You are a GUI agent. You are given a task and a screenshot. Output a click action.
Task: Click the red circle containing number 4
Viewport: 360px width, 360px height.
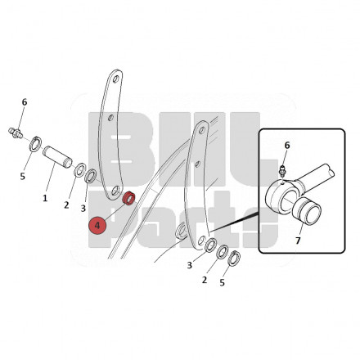point(97,226)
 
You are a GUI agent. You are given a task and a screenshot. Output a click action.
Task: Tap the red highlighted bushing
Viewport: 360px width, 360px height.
point(128,198)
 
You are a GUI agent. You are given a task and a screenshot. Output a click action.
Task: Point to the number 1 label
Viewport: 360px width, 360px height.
point(45,198)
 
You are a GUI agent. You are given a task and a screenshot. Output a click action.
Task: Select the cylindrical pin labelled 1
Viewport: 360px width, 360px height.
point(57,157)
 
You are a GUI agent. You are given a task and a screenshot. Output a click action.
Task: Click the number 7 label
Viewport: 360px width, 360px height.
point(298,241)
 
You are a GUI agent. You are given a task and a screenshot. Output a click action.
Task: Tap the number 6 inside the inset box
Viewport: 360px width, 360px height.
point(287,146)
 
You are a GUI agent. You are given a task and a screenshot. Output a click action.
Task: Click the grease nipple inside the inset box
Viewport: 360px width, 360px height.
point(281,171)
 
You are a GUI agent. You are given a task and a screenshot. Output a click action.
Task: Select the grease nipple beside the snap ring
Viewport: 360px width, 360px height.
point(16,133)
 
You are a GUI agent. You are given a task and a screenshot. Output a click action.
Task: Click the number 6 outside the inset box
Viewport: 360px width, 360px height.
point(25,102)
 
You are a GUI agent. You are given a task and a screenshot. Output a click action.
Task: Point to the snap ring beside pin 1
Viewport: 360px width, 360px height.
point(35,144)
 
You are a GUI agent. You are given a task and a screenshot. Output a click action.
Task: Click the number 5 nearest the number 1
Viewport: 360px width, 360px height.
point(23,177)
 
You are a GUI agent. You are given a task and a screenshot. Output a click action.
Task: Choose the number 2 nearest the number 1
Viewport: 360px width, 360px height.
point(66,205)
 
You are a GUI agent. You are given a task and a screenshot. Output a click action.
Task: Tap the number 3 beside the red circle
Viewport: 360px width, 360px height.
point(83,209)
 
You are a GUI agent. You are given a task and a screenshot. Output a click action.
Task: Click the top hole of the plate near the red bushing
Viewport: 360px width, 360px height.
point(115,79)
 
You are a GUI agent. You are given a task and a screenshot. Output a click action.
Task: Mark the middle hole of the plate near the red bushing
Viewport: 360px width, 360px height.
point(110,118)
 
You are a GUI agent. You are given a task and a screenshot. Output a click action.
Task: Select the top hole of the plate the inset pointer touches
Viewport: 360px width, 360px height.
point(202,130)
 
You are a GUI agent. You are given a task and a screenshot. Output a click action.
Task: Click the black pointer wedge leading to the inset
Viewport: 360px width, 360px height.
point(234,223)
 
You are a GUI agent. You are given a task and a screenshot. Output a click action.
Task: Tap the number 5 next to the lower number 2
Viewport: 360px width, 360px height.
point(223,283)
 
